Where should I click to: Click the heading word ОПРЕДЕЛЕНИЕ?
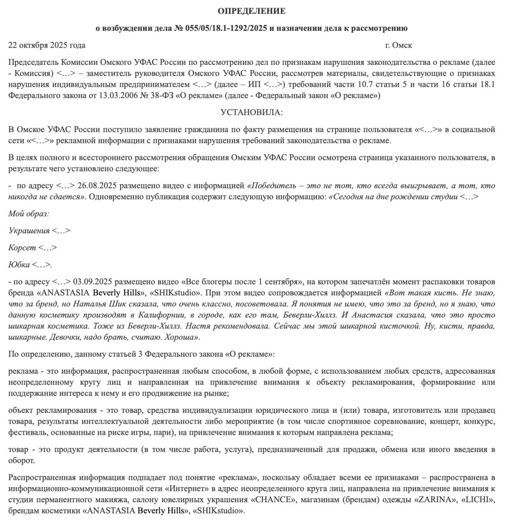tap(252, 11)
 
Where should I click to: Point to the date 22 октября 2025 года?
tap(47, 45)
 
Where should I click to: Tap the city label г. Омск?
tap(399, 45)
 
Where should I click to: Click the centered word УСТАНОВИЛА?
tap(252, 113)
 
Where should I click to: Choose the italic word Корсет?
tap(22, 248)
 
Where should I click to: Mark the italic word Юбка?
tap(19, 265)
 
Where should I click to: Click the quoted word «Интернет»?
tap(187, 489)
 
